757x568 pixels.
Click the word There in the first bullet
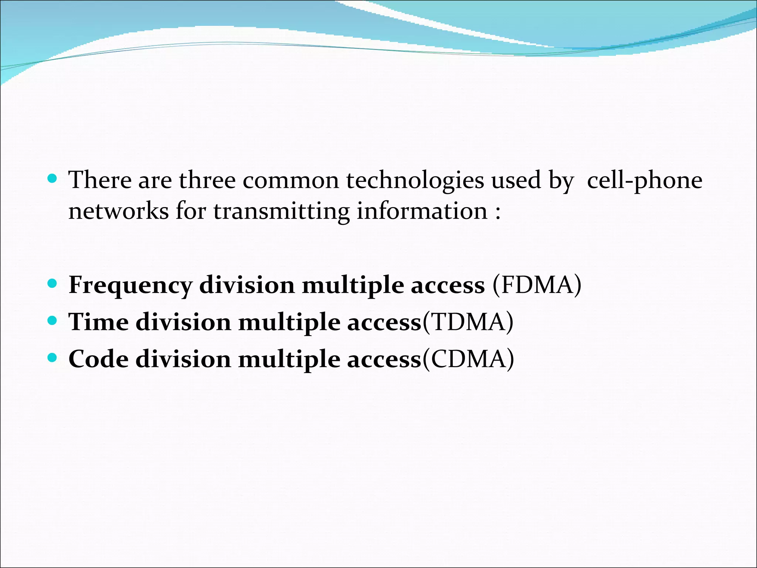[x=100, y=180]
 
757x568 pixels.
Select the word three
[x=207, y=180]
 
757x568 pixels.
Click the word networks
[x=118, y=212]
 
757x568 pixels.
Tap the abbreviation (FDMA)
[x=537, y=285]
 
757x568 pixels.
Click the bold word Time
[x=98, y=322]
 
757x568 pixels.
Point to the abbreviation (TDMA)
[x=468, y=322]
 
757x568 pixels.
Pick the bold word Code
[x=98, y=359]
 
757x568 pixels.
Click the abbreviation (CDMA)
[x=468, y=359]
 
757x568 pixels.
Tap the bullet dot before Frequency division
[x=52, y=284]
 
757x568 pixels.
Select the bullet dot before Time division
[x=52, y=320]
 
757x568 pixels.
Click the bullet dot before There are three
[x=52, y=179]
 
